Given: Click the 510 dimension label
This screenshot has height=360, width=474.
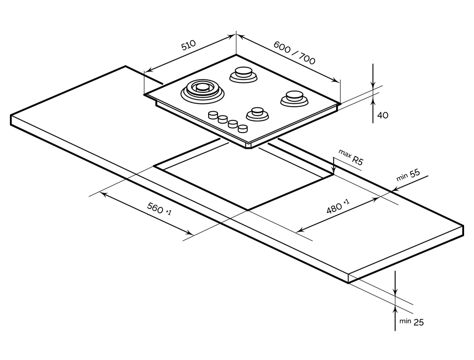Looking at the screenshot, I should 188,46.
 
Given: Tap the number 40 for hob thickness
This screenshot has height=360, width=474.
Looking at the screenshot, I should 383,115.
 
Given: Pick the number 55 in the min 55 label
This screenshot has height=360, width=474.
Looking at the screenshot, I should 415,173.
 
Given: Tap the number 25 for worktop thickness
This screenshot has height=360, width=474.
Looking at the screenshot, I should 418,323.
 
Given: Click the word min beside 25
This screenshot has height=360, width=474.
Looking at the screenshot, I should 404,321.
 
